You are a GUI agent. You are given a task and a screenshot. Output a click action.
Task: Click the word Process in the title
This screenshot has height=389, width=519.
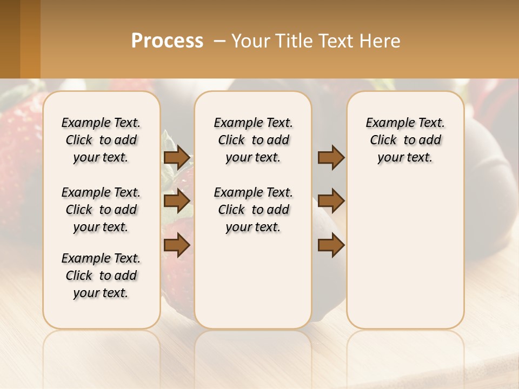point(167,41)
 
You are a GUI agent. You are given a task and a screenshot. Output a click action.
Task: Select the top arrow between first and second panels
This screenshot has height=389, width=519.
point(177,158)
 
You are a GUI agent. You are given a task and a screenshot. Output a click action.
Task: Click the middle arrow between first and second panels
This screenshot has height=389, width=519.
point(177,202)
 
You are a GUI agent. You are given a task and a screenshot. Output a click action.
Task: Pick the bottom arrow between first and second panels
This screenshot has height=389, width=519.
point(177,245)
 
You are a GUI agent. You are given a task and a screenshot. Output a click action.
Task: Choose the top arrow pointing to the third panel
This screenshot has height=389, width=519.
point(331,158)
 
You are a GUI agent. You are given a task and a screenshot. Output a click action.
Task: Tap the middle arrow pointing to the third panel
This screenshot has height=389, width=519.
point(331,202)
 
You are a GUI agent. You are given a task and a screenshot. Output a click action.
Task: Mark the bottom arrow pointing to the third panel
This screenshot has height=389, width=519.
point(331,245)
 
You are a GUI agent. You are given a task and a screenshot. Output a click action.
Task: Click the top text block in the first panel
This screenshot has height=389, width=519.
point(101,140)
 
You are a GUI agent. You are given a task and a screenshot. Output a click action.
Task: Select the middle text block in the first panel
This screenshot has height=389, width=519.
point(101,210)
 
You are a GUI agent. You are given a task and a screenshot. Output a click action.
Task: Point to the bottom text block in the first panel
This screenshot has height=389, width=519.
point(101,276)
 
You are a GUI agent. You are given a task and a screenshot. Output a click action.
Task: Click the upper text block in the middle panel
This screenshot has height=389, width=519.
point(253,140)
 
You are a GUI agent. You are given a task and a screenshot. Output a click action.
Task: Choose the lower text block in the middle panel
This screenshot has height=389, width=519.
point(253,210)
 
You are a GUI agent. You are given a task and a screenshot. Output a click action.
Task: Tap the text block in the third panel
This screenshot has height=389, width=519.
point(405,140)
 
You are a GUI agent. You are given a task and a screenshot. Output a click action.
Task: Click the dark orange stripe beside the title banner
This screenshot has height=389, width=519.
point(30,39)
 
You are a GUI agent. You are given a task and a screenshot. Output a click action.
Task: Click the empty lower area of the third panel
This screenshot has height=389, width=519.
point(405,259)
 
